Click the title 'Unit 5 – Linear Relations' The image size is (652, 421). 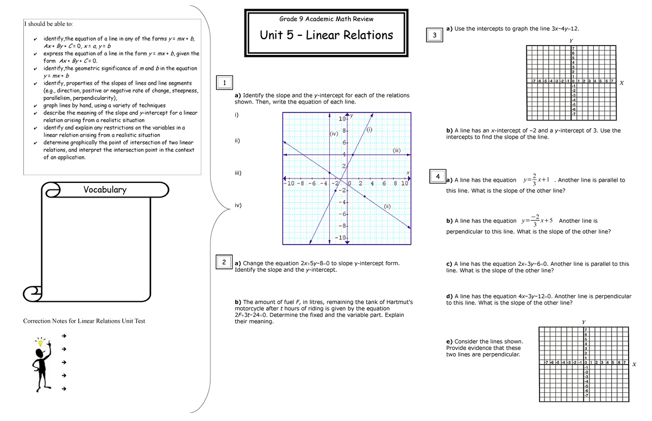click(326, 35)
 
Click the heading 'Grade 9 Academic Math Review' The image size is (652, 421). click(326, 19)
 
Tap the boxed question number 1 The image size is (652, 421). click(224, 82)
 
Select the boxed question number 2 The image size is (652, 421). click(224, 262)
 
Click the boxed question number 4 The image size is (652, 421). click(437, 176)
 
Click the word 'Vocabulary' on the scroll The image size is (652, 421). click(105, 189)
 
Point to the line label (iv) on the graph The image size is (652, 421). click(334, 133)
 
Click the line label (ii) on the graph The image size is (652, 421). click(387, 206)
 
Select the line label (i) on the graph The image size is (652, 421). click(369, 130)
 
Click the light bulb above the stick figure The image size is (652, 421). click(40, 342)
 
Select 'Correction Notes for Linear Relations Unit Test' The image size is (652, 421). click(84, 321)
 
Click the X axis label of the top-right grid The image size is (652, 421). click(622, 83)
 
